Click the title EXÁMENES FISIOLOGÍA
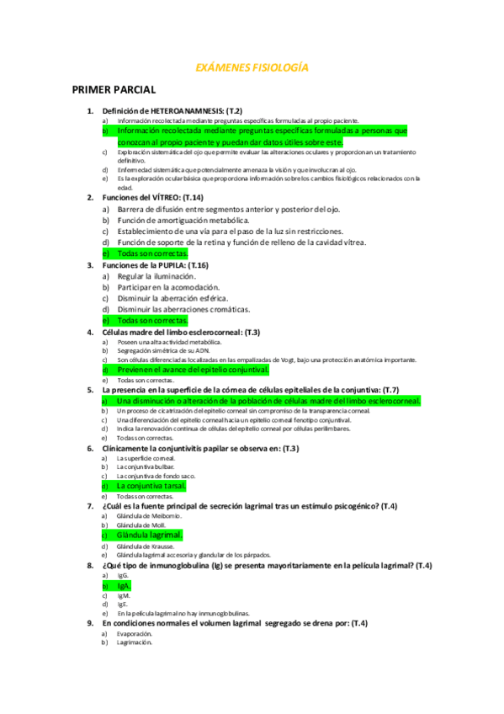click(252, 67)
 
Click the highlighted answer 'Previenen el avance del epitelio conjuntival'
click(193, 369)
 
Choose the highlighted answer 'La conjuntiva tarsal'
click(151, 486)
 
